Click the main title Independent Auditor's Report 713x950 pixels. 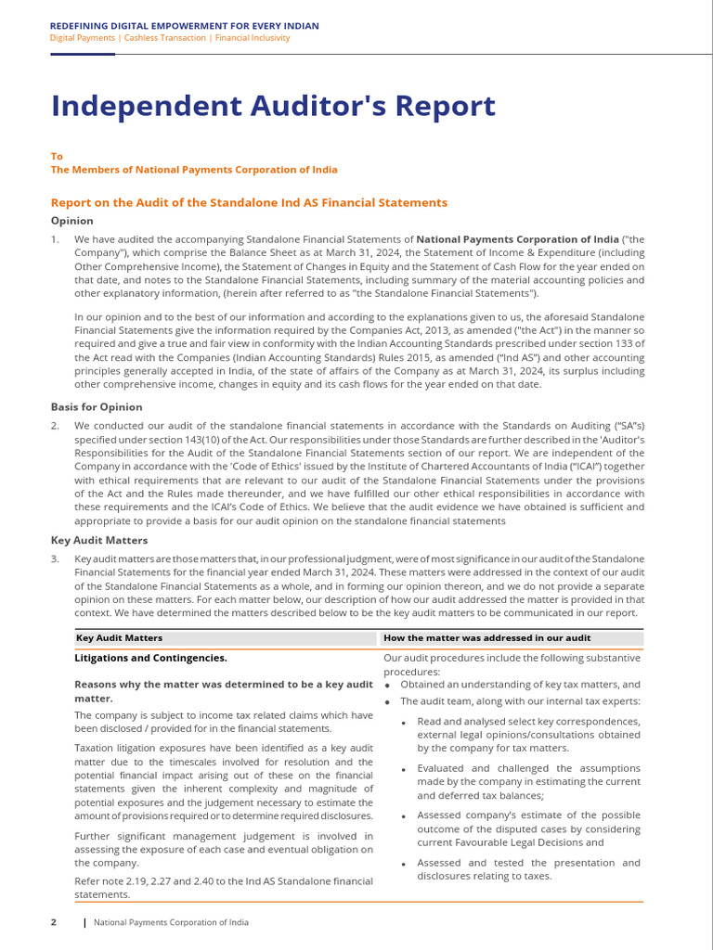(273, 107)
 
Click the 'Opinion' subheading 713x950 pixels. (71, 221)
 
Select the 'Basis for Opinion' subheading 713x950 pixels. (97, 406)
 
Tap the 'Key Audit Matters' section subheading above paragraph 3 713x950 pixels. (98, 540)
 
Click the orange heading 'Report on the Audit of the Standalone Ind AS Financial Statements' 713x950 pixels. (249, 202)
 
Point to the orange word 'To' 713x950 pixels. (57, 157)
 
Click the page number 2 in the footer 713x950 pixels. (54, 922)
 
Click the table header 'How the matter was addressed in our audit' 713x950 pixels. (486, 638)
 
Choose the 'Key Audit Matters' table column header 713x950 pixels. (119, 638)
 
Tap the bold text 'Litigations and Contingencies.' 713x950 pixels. (150, 658)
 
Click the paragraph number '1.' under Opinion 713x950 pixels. (55, 239)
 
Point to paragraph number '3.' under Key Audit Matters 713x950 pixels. (55, 558)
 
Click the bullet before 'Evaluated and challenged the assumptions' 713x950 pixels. (405, 769)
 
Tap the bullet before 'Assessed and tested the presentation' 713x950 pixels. (405, 864)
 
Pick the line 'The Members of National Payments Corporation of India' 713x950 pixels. (194, 170)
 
